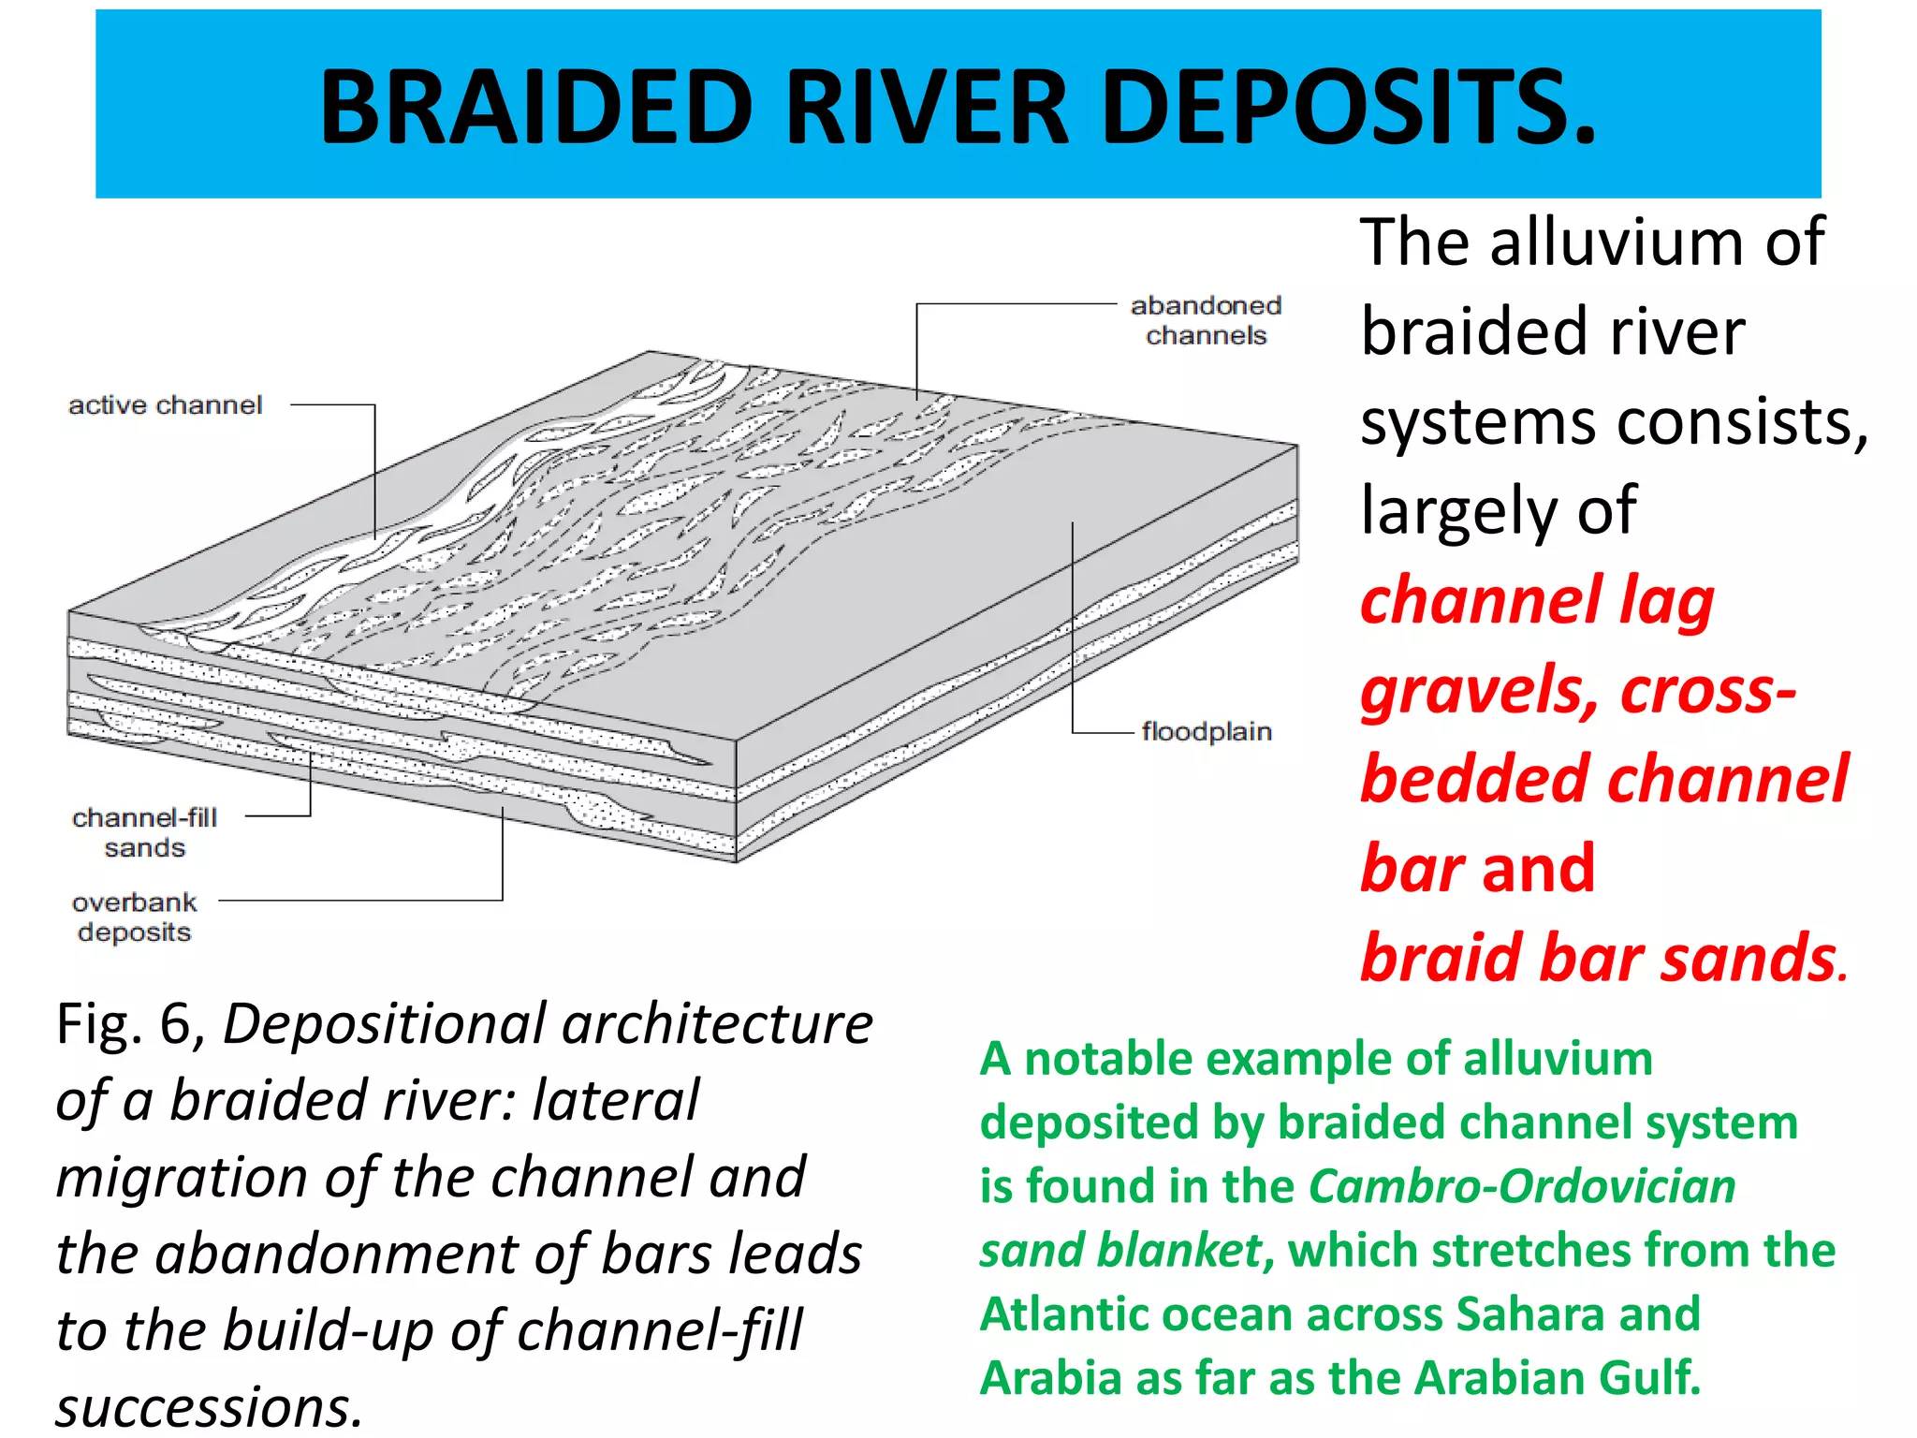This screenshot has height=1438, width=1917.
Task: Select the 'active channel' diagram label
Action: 165,405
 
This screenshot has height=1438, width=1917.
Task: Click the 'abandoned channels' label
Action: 1206,320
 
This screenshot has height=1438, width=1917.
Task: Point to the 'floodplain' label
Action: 1206,731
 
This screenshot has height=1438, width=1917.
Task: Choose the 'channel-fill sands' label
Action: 144,832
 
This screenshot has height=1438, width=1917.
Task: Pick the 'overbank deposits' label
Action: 135,917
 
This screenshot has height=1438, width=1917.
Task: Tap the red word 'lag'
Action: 1666,601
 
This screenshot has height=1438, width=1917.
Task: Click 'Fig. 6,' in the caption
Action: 131,1024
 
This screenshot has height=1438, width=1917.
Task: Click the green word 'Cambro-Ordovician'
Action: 1522,1186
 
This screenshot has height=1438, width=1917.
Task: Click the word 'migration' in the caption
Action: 182,1178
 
